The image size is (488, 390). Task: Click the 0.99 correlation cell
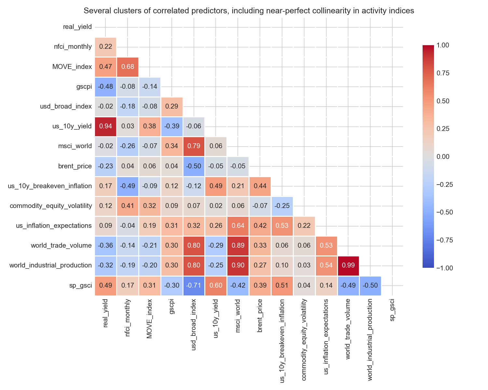[348, 266]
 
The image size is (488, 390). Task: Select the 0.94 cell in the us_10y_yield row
[105, 126]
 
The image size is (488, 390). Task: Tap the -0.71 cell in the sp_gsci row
[194, 286]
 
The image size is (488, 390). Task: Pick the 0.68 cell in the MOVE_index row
[128, 67]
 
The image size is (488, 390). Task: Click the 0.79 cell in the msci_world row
[194, 146]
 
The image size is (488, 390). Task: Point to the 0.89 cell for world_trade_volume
[238, 246]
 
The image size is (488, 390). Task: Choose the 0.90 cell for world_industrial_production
[238, 266]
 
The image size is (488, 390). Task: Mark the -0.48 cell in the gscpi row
[105, 87]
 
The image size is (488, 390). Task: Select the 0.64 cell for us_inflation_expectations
[238, 226]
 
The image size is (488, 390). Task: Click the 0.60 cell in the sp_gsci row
[216, 286]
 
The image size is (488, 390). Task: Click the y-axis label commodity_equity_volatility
[51, 206]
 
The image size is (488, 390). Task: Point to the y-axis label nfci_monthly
[73, 47]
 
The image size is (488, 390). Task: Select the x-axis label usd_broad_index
[194, 325]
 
